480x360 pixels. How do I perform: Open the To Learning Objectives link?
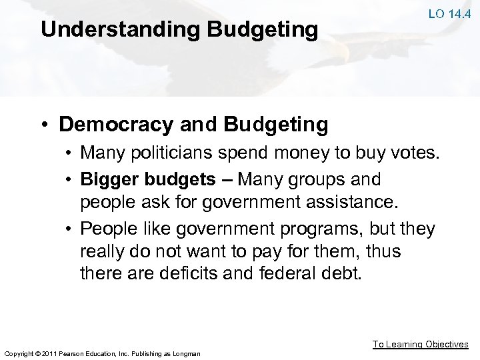click(420, 344)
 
